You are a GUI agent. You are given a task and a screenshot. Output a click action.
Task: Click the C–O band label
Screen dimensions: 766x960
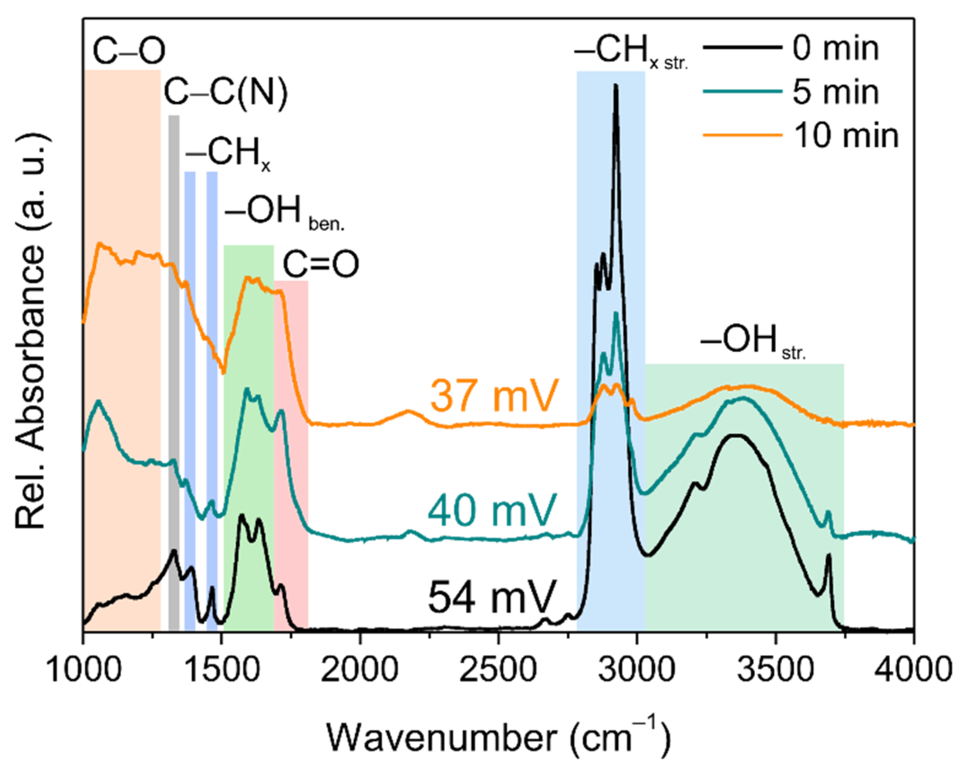click(x=129, y=51)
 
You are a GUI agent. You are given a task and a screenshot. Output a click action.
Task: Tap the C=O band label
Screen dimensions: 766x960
click(x=320, y=264)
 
